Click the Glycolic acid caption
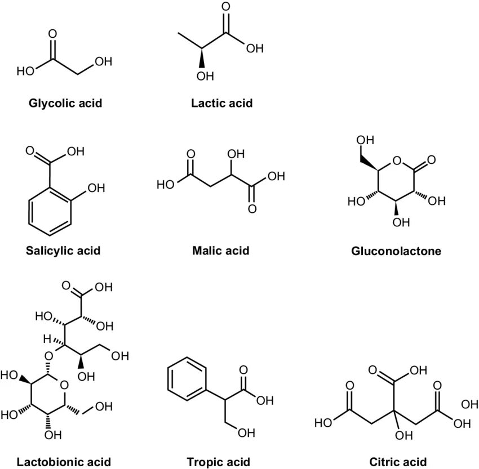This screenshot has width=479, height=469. click(x=66, y=104)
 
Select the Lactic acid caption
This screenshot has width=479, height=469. click(x=221, y=104)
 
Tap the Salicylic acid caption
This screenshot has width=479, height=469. click(x=63, y=250)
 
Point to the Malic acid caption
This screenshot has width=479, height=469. click(x=220, y=250)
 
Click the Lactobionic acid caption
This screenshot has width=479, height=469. click(x=64, y=462)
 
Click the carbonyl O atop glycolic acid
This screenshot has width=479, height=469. click(x=53, y=33)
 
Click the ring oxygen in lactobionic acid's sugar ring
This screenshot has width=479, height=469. click(x=64, y=386)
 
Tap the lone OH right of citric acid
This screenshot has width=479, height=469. click(x=469, y=404)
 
